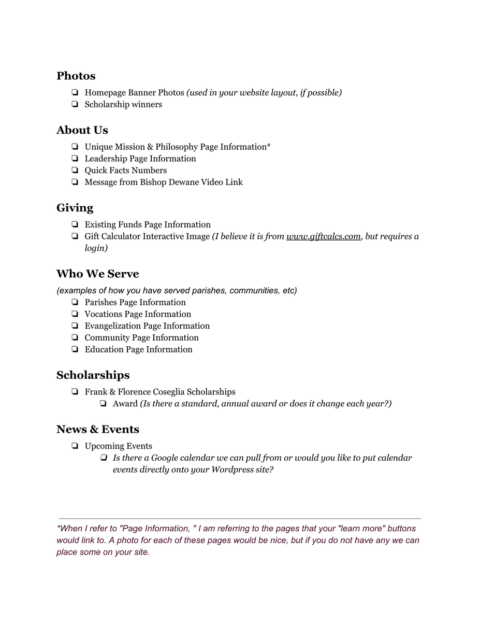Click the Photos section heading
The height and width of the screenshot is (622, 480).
(76, 76)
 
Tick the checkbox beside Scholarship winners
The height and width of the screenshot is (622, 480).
(75, 105)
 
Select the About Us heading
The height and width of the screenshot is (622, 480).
(82, 130)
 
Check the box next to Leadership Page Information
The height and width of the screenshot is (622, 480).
(75, 159)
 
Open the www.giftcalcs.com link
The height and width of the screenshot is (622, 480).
(323, 237)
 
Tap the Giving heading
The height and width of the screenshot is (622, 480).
(75, 208)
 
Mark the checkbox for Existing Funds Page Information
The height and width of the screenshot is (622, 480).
(75, 225)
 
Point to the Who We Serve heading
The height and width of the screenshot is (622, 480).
(98, 274)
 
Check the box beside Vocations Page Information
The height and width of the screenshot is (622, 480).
(75, 315)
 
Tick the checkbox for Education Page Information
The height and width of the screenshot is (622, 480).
(75, 350)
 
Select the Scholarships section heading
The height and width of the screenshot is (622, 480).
(93, 375)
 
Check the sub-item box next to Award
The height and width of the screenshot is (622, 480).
(104, 404)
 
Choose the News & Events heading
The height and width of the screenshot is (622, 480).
(98, 430)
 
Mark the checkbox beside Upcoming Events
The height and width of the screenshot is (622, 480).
(75, 446)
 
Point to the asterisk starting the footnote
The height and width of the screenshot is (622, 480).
(59, 528)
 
